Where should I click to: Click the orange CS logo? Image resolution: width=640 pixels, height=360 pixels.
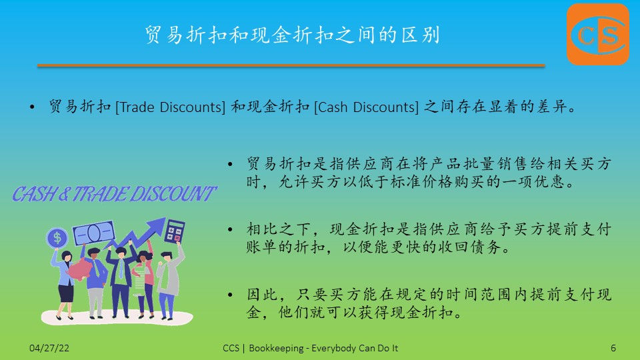[x=598, y=34]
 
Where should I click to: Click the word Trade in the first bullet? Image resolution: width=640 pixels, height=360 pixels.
[x=137, y=107]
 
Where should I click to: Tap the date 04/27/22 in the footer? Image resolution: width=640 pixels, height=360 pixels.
[x=49, y=348]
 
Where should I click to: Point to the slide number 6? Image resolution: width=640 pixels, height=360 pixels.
[x=613, y=348]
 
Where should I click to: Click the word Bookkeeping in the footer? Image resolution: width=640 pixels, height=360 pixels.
[x=276, y=348]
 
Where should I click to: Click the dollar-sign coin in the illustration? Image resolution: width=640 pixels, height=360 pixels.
[x=57, y=237]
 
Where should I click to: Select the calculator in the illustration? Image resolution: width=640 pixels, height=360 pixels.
[x=175, y=231]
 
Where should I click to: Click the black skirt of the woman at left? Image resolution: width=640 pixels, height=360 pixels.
[x=66, y=293]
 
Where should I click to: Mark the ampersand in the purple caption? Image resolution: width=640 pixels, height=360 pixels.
[x=64, y=194]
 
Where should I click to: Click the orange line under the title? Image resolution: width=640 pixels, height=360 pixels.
[x=291, y=65]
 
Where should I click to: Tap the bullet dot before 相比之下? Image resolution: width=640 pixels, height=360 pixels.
[x=230, y=230]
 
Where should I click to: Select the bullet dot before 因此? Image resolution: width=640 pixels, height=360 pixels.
[x=230, y=295]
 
